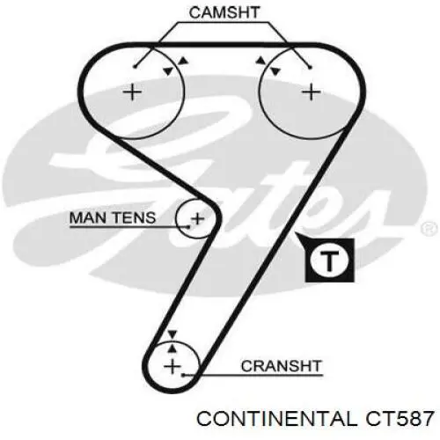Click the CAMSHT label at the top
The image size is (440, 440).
[224, 12]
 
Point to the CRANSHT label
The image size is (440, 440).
[281, 366]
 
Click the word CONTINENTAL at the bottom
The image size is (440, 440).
[276, 418]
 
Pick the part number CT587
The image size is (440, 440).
[399, 418]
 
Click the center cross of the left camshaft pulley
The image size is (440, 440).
[132, 92]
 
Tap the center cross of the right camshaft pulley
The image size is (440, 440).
[312, 92]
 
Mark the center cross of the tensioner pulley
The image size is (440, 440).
[198, 218]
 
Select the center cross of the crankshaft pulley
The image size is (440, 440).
[172, 366]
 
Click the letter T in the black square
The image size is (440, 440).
[330, 260]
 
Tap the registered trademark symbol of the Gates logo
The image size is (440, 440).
[429, 229]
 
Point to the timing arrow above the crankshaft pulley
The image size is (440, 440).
[172, 334]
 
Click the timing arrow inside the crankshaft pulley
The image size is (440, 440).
[172, 348]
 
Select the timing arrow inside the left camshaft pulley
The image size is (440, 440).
[168, 71]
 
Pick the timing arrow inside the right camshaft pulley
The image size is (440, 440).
[275, 71]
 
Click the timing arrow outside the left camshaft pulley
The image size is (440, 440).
[183, 60]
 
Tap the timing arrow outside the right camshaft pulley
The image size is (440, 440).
[260, 61]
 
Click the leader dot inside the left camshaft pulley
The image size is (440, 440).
[135, 67]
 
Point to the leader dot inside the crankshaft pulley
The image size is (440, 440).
[182, 375]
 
